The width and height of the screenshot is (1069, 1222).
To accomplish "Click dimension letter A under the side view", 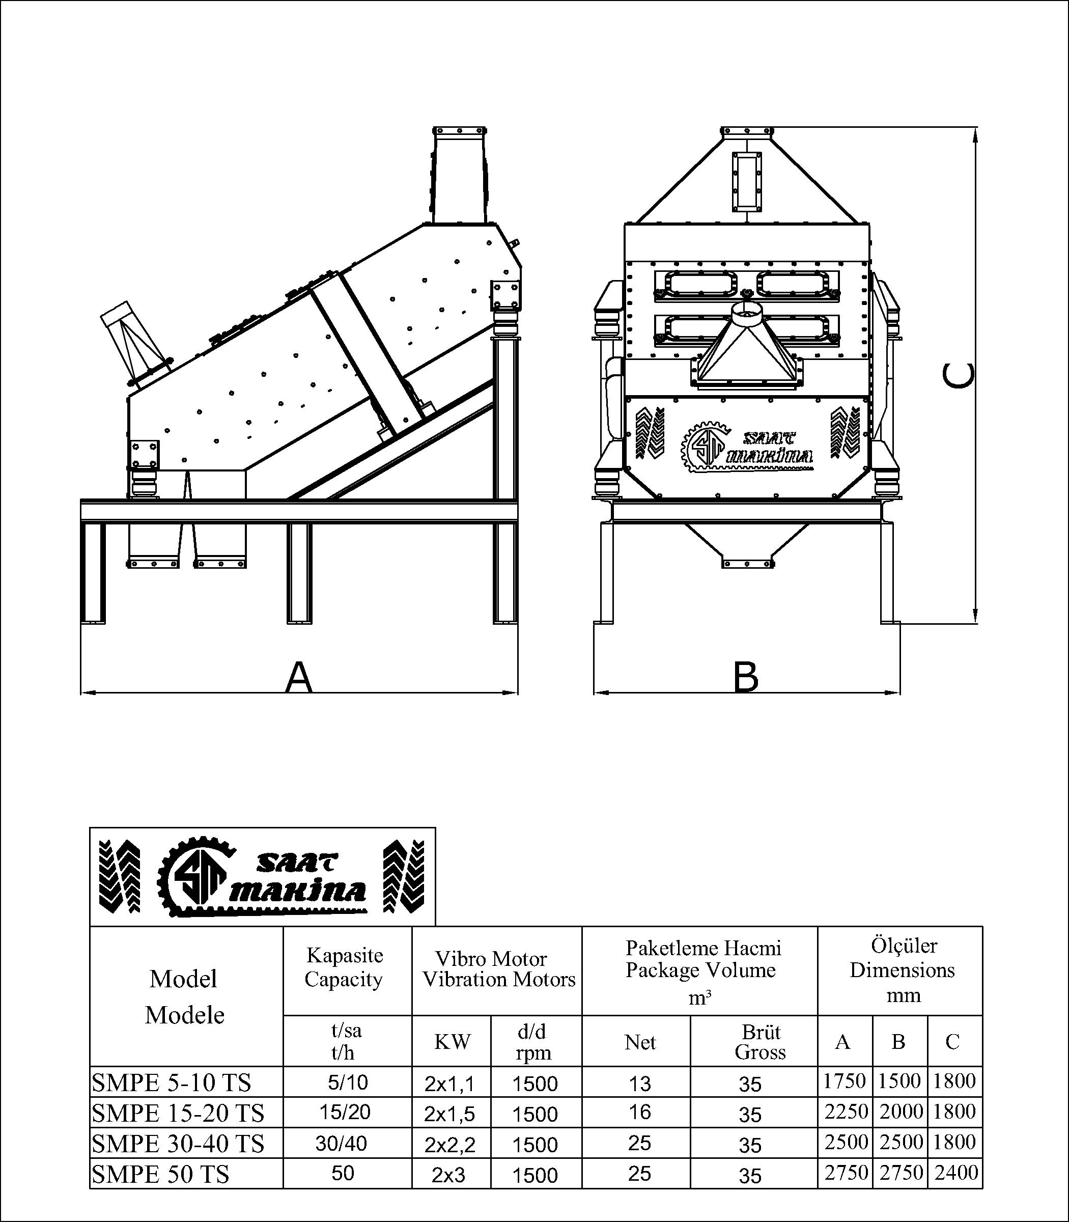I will (299, 677).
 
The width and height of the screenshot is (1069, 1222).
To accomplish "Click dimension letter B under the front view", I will (746, 677).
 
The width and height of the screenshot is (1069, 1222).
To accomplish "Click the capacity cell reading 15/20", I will (345, 1112).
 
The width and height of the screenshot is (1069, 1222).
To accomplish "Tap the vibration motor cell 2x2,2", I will (450, 1144).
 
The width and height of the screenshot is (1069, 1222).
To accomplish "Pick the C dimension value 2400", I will (955, 1173).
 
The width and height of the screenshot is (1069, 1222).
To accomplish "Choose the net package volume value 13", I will (639, 1083).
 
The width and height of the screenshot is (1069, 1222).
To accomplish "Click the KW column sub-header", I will (452, 1042).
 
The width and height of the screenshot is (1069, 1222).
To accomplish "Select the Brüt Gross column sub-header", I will (760, 1042).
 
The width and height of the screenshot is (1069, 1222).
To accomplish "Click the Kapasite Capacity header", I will (344, 967).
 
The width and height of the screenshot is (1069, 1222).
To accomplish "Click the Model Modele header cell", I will (184, 996).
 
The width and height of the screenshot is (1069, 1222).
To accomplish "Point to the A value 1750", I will (845, 1081).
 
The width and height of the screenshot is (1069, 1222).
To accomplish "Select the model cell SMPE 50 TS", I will (160, 1174).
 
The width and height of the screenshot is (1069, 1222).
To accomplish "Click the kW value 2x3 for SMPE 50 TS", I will (448, 1175).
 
